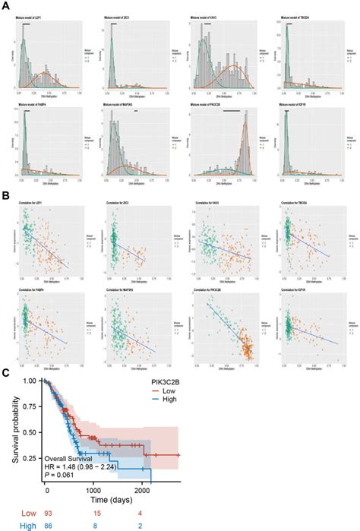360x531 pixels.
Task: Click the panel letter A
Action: pos(5,5)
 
